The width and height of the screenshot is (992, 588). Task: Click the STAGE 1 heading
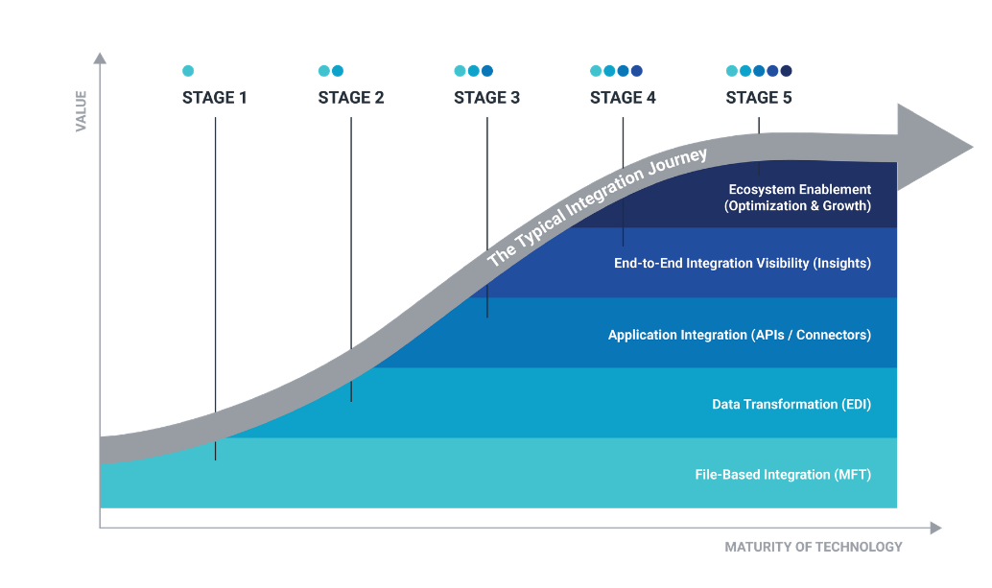(215, 98)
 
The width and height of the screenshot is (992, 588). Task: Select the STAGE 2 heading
(351, 98)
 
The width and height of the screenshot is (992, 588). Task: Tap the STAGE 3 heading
(486, 98)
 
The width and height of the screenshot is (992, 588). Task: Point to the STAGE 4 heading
(623, 98)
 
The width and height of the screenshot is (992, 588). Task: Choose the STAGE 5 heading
(759, 98)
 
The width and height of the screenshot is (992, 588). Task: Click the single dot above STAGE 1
(188, 71)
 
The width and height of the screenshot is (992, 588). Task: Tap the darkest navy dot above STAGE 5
(786, 71)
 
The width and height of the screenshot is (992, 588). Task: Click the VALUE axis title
(81, 111)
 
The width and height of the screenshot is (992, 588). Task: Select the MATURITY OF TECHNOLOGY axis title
(814, 547)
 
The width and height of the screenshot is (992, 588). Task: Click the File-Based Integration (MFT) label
(783, 474)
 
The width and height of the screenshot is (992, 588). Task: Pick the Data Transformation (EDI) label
(791, 404)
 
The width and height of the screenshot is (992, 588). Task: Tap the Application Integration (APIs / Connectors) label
(740, 335)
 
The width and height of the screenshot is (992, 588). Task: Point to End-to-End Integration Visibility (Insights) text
(743, 263)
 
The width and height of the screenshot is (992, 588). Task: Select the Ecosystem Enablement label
(800, 189)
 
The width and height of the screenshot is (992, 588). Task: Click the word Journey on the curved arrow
(677, 162)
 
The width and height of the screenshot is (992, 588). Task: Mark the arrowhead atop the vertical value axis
(100, 59)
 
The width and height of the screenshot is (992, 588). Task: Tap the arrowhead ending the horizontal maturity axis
(935, 528)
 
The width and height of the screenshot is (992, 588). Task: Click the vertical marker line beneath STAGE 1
(215, 289)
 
